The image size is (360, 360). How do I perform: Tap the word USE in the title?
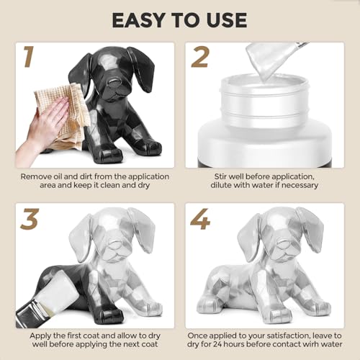coord(227,20)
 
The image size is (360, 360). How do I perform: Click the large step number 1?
coord(29,57)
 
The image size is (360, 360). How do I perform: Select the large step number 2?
coord(199,57)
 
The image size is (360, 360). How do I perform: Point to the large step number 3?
coord(30,219)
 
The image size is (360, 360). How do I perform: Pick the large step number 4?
coord(200,219)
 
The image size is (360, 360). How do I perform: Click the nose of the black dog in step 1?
coord(114,83)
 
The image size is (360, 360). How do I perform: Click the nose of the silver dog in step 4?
coord(282,245)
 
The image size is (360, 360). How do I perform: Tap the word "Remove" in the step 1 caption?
coord(35,176)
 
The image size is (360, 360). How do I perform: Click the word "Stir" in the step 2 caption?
coord(220,176)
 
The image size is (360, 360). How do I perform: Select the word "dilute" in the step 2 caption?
coord(221,185)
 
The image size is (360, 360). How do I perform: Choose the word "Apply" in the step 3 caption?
coord(40,336)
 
